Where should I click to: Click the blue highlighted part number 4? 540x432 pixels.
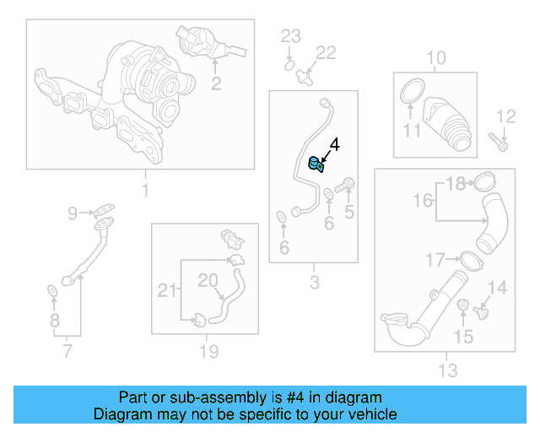pyautogui.click(x=316, y=164)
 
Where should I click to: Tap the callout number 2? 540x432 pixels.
pyautogui.click(x=216, y=83)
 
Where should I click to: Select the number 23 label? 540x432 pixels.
pyautogui.click(x=290, y=35)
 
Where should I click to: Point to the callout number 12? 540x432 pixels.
pyautogui.click(x=505, y=116)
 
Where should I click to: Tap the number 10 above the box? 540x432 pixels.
pyautogui.click(x=435, y=57)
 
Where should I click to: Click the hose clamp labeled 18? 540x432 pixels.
pyautogui.click(x=483, y=181)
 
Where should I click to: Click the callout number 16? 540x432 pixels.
pyautogui.click(x=423, y=200)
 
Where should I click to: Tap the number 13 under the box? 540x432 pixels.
pyautogui.click(x=447, y=370)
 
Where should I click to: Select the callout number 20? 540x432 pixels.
pyautogui.click(x=208, y=279)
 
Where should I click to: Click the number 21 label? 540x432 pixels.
pyautogui.click(x=167, y=292)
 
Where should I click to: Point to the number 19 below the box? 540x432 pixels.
pyautogui.click(x=208, y=351)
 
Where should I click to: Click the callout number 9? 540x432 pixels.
pyautogui.click(x=73, y=213)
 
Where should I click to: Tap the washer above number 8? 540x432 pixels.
pyautogui.click(x=51, y=292)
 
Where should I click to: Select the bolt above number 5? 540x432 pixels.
pyautogui.click(x=345, y=184)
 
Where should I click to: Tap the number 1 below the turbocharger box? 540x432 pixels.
pyautogui.click(x=144, y=191)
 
